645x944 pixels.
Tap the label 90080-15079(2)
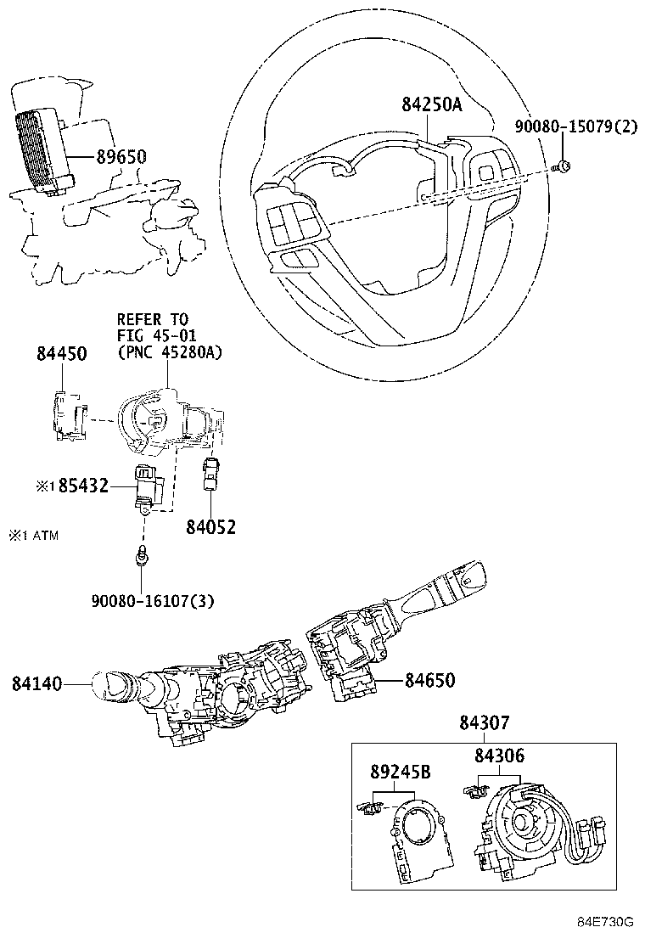[x=576, y=127]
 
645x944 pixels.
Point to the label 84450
[x=61, y=354]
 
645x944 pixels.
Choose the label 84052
[x=210, y=527]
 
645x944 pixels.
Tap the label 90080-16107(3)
[x=152, y=601]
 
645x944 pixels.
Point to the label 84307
[x=485, y=722]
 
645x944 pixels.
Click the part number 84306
[x=499, y=755]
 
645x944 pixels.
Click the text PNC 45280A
[x=169, y=351]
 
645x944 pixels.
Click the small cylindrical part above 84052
[x=210, y=475]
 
